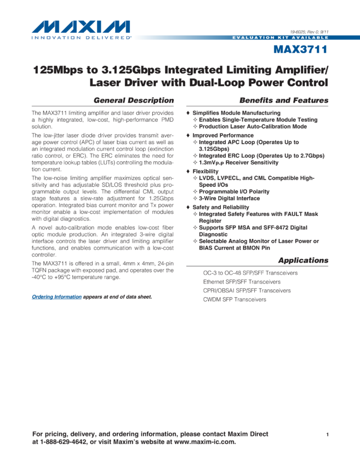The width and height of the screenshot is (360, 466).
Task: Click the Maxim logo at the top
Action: (81, 30)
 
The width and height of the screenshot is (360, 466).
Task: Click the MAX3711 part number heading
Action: (301, 50)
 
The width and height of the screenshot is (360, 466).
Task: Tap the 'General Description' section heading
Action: (134, 100)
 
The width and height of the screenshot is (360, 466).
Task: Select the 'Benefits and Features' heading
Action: (284, 100)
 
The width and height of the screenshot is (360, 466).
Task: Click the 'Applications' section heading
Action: (303, 260)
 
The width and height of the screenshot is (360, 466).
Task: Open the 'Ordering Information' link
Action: (56, 297)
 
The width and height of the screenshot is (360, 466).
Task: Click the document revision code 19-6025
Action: (299, 32)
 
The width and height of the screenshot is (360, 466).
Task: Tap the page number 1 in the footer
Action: (327, 435)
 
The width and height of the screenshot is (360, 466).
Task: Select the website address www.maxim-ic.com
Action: (204, 442)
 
